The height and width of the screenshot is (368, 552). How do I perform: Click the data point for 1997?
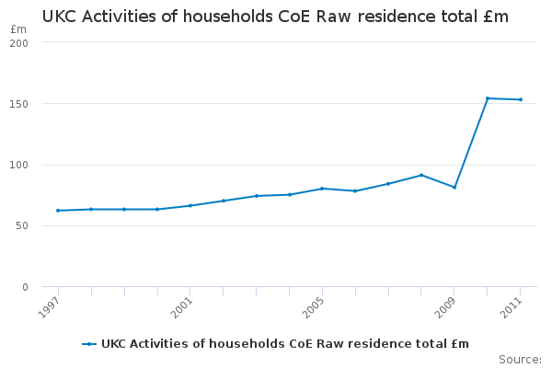58,211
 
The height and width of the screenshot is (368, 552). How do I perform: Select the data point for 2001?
190,205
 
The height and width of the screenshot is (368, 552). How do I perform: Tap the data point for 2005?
322,189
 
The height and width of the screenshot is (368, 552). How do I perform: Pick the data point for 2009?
454,188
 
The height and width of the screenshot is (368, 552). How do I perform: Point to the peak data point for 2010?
488,98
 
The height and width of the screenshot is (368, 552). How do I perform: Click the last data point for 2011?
521,99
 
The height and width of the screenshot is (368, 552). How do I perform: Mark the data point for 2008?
421,175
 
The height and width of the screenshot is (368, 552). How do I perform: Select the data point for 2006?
355,190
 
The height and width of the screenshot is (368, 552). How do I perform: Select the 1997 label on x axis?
52,305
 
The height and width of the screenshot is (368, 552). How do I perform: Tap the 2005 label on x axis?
316,305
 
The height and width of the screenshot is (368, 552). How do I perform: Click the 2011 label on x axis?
513,305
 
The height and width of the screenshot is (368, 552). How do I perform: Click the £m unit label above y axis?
18,29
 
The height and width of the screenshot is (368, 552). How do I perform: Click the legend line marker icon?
89,344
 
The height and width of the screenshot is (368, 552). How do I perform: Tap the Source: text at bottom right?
520,359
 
